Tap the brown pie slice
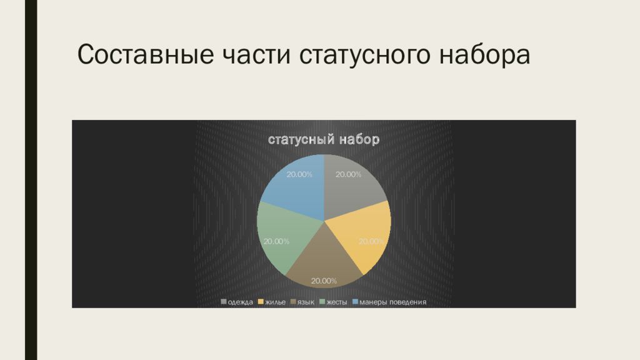324,261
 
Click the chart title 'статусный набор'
324,139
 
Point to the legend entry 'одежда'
237,302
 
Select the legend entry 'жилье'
272,302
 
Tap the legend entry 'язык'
302,302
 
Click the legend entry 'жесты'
334,302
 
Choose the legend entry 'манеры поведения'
389,302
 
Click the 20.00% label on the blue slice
299,174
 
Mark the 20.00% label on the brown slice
324,281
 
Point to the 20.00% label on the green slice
276,241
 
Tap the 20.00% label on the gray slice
348,174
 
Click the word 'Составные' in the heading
145,54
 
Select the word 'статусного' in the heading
364,55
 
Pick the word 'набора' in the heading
484,55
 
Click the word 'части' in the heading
256,55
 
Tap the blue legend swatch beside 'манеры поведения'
355,302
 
